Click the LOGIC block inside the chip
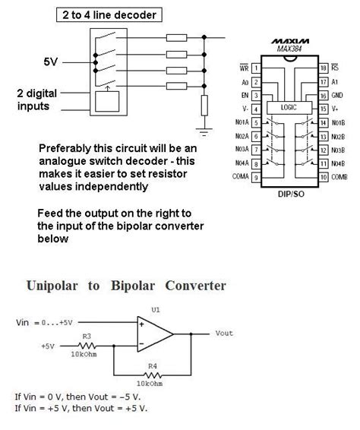[x=289, y=107]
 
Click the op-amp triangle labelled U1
[x=151, y=333]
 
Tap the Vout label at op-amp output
[x=224, y=333]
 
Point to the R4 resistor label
[x=152, y=366]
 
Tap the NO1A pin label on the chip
[x=241, y=122]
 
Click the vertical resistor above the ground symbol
[x=204, y=106]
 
